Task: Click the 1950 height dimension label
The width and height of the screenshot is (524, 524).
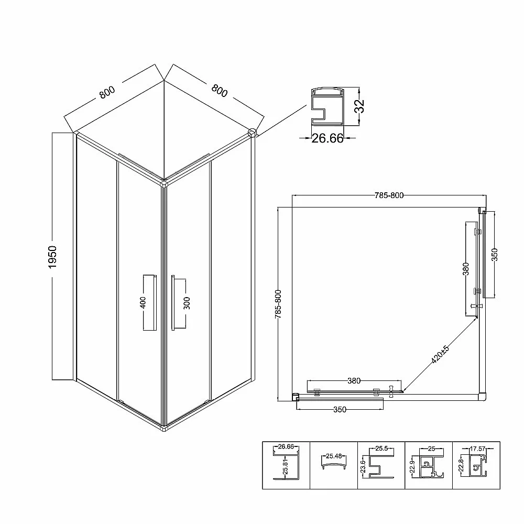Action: pyautogui.click(x=52, y=257)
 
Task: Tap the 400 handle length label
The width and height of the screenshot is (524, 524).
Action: pyautogui.click(x=143, y=302)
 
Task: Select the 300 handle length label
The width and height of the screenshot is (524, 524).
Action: pyautogui.click(x=187, y=303)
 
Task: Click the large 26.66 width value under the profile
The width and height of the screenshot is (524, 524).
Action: pyautogui.click(x=327, y=138)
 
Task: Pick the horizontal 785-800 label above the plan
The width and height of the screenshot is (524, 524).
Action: pyautogui.click(x=389, y=195)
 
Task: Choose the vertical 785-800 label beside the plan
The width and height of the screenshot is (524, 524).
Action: pyautogui.click(x=278, y=304)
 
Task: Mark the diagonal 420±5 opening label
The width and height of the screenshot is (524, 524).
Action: pyautogui.click(x=440, y=355)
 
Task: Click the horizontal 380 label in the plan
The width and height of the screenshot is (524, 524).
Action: pyautogui.click(x=354, y=380)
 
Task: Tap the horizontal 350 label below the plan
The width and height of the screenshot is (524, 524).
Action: pyautogui.click(x=340, y=410)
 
